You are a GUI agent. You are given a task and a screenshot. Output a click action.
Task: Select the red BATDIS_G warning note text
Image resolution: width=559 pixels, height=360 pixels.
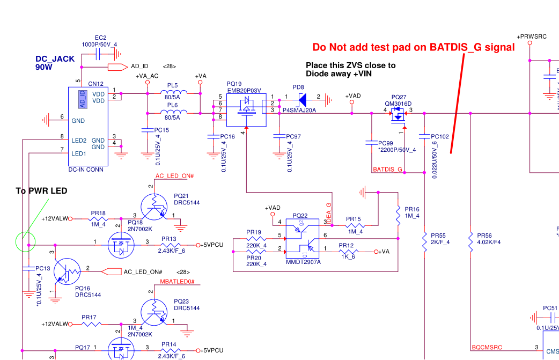tap(414, 47)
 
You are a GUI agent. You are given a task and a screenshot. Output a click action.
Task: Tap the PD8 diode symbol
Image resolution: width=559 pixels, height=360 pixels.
tap(302, 99)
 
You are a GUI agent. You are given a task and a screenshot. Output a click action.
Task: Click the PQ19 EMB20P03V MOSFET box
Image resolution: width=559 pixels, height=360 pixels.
tap(246, 111)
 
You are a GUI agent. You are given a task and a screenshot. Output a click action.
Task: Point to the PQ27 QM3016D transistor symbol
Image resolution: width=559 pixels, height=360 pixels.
tap(398, 114)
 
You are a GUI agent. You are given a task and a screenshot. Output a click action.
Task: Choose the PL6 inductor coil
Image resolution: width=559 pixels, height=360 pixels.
tap(174, 113)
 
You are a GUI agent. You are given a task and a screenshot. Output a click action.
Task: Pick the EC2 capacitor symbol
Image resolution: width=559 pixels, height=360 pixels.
tap(101, 54)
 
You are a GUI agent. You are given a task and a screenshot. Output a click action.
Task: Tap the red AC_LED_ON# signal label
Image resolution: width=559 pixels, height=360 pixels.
tap(174, 176)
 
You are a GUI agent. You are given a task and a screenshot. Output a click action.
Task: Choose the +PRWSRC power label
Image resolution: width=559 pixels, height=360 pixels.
tap(531, 36)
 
